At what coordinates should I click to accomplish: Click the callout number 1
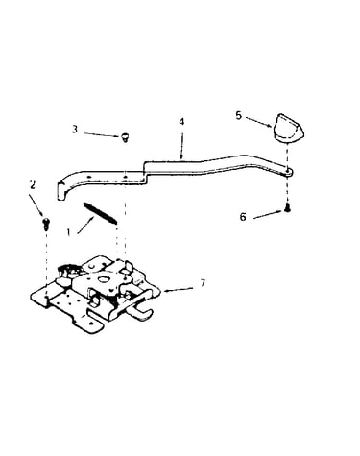pos(68,232)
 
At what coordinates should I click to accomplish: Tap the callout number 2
pos(32,185)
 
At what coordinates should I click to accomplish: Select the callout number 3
pos(75,130)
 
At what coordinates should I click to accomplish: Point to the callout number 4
pos(181,122)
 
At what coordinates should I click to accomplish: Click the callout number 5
pos(238,115)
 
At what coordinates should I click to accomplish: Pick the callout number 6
pos(243,217)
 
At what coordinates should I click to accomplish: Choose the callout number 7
pos(203,283)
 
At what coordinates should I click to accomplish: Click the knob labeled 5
pos(288,128)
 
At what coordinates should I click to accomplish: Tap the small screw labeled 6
pos(288,208)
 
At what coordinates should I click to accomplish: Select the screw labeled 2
pos(46,224)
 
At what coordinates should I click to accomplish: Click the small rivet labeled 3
pos(125,137)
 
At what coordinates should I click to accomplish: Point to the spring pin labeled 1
pos(100,213)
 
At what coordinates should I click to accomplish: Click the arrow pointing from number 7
pos(179,290)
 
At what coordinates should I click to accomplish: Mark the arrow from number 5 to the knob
pos(259,122)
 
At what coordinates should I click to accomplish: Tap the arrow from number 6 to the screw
pos(268,215)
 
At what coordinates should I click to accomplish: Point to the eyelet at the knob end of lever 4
pos(288,173)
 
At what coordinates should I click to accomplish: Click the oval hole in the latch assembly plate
pos(105,279)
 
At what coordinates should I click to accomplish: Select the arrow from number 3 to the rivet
pos(103,134)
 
